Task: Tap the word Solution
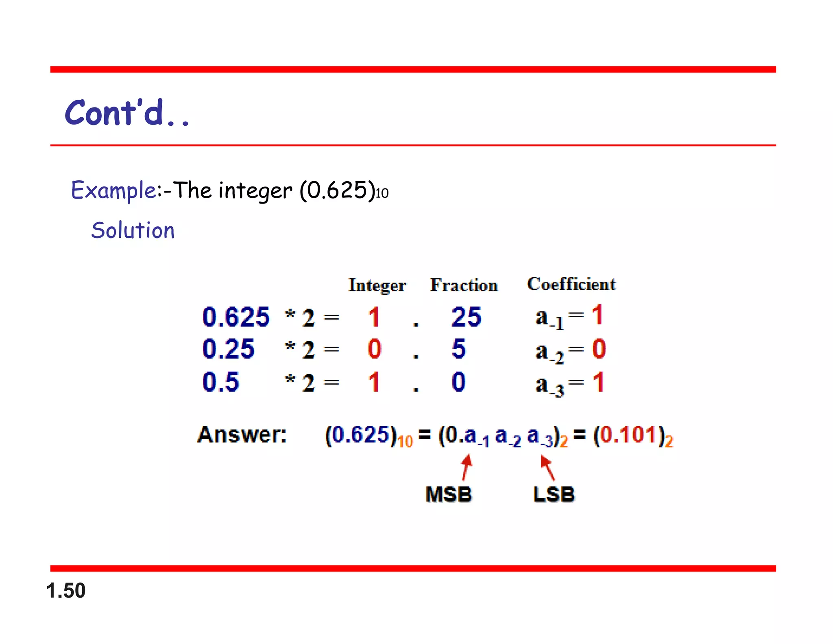(133, 230)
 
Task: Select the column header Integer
(377, 285)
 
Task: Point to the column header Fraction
(464, 285)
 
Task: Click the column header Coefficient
(571, 284)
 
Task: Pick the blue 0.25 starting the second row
(228, 349)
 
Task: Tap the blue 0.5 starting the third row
(220, 382)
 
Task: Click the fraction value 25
(466, 317)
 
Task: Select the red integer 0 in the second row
(374, 349)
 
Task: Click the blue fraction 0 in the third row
(458, 382)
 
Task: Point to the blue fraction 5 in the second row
(458, 349)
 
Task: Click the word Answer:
(242, 435)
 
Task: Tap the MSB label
(449, 494)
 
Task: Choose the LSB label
(554, 494)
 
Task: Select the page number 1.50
(66, 591)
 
